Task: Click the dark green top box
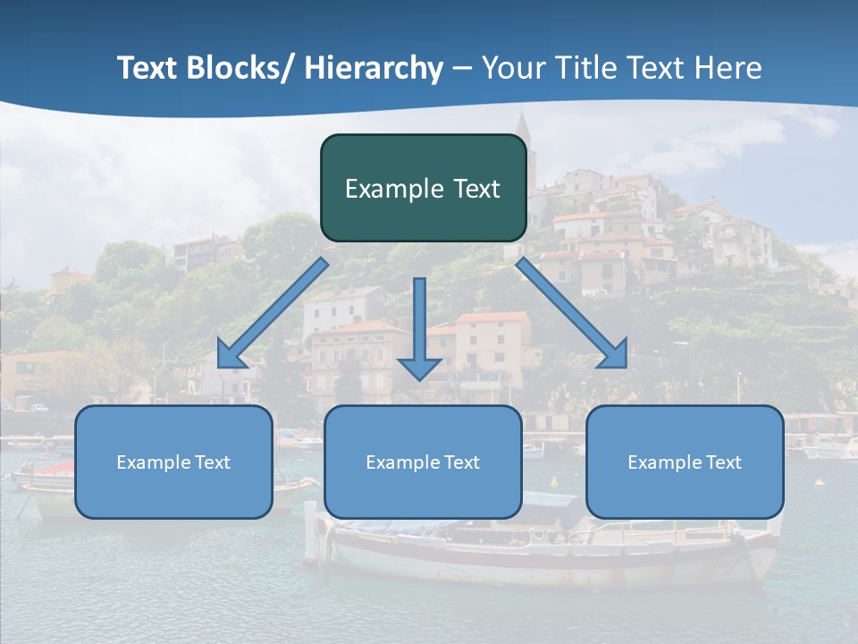[423, 188]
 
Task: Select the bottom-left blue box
[173, 462]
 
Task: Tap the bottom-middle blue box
[423, 462]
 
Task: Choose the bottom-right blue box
[685, 462]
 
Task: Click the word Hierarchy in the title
[374, 68]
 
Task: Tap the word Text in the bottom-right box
[724, 462]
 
